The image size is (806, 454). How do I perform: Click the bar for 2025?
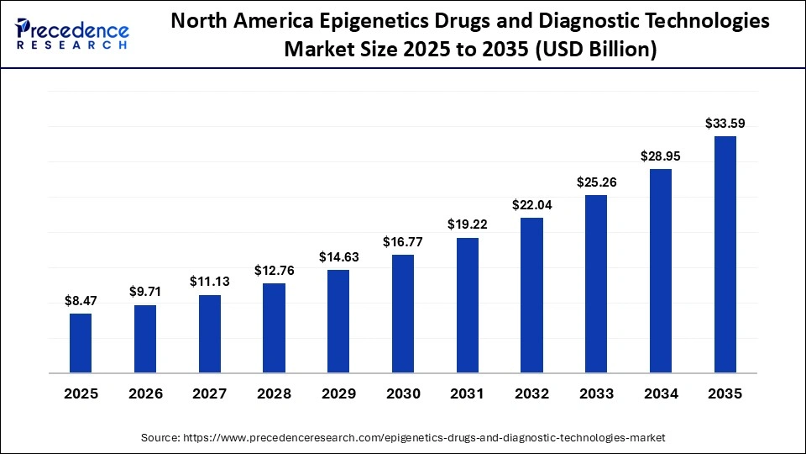tap(81, 343)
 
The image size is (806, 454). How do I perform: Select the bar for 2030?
tap(403, 314)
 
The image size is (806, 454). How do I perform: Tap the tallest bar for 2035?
tap(725, 254)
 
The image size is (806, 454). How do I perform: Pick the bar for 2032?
tap(532, 295)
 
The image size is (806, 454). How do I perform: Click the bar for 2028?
tap(274, 328)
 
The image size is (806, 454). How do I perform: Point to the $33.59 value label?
tap(725, 124)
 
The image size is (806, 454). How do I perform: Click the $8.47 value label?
tap(81, 300)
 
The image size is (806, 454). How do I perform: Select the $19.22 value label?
tap(468, 224)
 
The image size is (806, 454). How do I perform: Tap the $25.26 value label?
tap(596, 182)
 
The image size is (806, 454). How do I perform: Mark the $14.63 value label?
tap(338, 257)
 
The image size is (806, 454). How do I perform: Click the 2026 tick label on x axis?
tap(145, 393)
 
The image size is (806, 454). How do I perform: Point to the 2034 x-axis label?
tap(661, 393)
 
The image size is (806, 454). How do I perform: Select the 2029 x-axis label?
tap(338, 393)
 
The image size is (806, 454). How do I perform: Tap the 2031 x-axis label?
tap(468, 393)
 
